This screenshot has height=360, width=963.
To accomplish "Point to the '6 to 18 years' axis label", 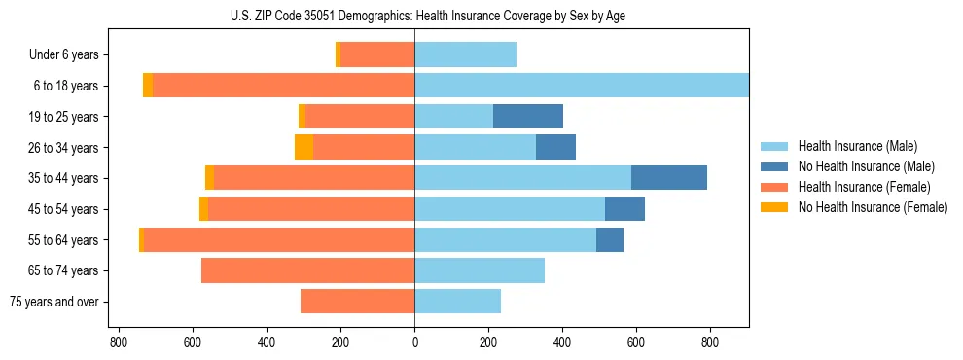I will (65, 86).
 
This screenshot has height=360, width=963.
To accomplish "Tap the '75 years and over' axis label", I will (54, 302).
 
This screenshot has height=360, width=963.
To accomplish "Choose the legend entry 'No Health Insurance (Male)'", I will (866, 166).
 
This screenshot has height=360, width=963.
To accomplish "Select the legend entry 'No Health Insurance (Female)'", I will (873, 207).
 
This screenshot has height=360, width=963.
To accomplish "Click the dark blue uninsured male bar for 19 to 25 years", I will (528, 117).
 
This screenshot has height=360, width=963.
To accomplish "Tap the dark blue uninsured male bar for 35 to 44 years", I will (669, 178).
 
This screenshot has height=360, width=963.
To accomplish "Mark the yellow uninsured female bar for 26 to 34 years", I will (303, 147).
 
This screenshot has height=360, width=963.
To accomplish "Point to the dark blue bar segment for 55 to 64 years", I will (610, 239).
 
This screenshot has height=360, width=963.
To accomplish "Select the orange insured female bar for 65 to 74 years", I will (307, 270).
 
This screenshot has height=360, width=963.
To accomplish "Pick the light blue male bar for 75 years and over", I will (457, 302).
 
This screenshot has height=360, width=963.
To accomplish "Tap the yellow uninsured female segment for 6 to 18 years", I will (148, 86).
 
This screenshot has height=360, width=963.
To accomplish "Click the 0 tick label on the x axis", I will (414, 342).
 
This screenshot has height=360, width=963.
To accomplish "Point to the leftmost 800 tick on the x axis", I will (119, 342).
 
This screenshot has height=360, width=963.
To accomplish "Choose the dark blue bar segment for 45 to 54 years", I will (624, 209).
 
